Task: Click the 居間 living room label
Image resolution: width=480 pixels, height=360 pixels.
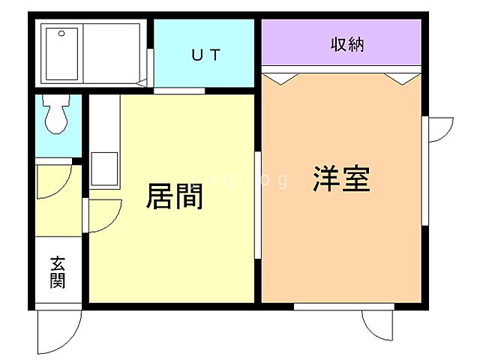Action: pyautogui.click(x=175, y=196)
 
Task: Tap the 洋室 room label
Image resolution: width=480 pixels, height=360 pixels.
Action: pyautogui.click(x=342, y=180)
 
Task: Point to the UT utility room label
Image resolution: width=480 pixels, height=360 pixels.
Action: pyautogui.click(x=204, y=54)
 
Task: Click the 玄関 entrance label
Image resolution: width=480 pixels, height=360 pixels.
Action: pyautogui.click(x=58, y=272)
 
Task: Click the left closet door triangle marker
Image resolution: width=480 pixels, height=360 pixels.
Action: pyautogui.click(x=280, y=76)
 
